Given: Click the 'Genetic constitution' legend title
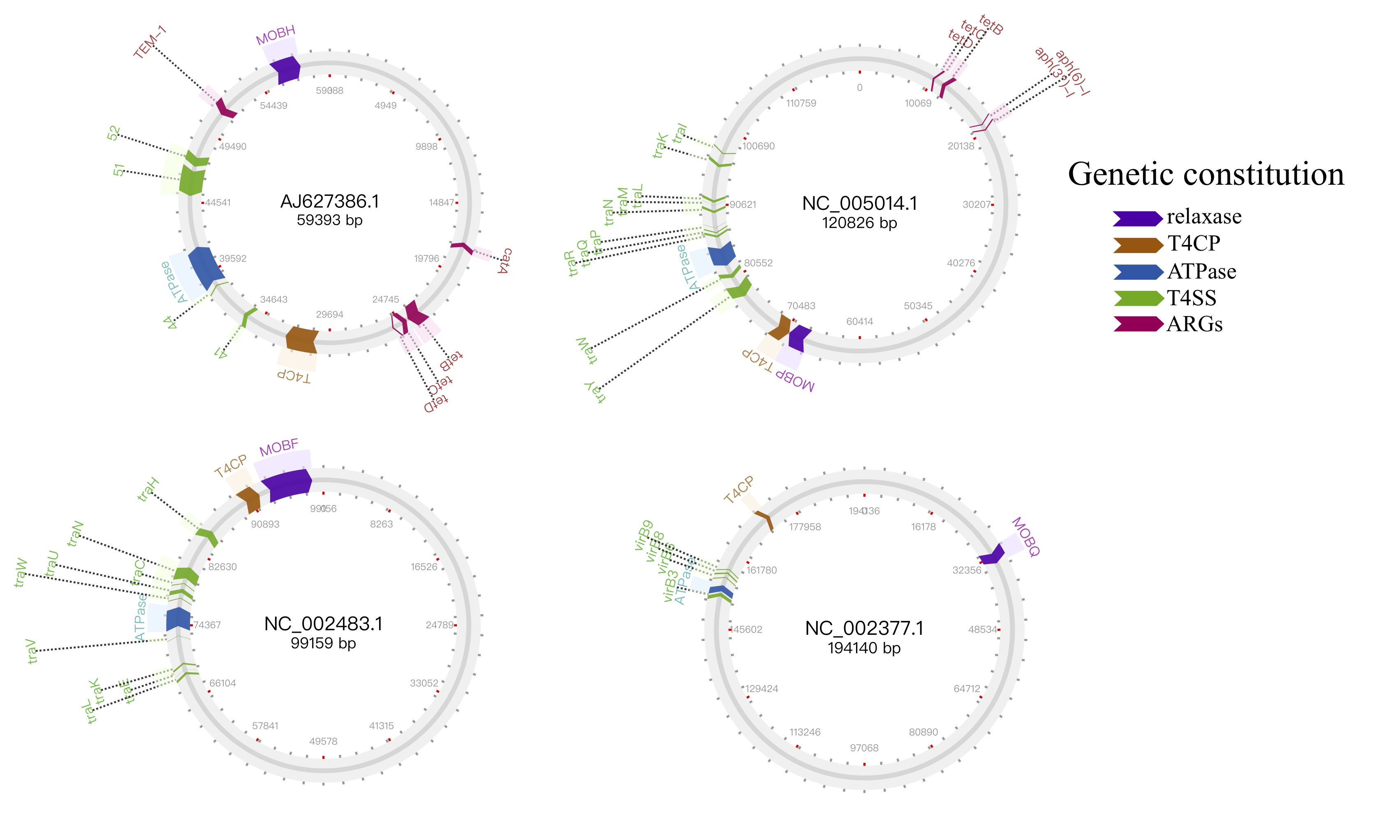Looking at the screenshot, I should tap(1205, 174).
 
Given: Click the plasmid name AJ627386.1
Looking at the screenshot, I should tap(329, 202).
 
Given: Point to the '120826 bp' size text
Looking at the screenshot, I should tap(859, 223).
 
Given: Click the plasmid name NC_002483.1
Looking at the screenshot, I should tap(323, 624).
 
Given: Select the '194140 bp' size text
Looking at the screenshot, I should tap(864, 648).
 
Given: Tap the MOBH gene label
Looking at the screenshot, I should tap(275, 35).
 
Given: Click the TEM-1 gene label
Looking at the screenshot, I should tap(150, 42).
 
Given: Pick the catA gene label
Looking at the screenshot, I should tap(505, 261).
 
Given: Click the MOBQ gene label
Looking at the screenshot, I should tap(1025, 536).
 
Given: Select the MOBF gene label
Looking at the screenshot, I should tap(279, 447).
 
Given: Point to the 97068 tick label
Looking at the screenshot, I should tap(864, 748).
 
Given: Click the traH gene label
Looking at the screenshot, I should tap(148, 490).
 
